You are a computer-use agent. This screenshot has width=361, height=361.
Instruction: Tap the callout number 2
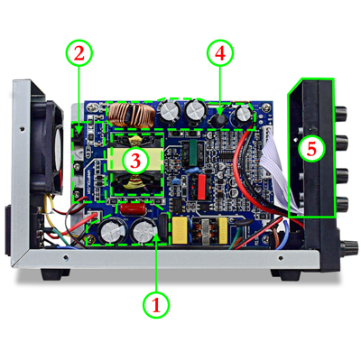point(81,53)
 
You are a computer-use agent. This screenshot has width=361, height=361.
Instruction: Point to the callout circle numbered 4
point(219,53)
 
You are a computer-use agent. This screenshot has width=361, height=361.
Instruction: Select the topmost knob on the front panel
point(342,115)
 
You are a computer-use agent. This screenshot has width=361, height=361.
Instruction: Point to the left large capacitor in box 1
point(113,232)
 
